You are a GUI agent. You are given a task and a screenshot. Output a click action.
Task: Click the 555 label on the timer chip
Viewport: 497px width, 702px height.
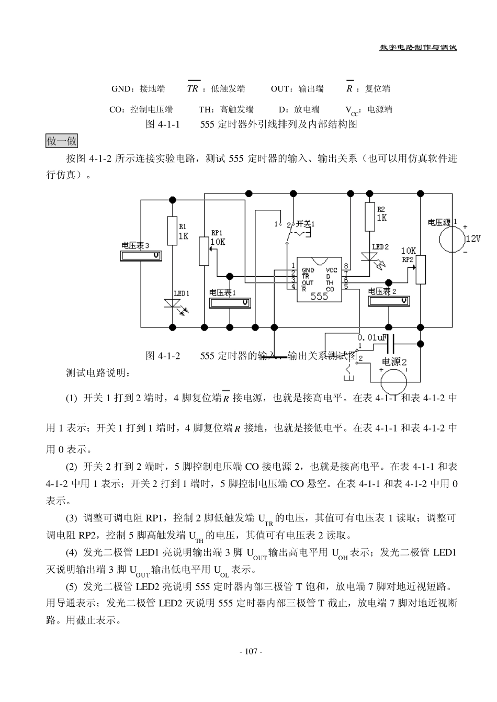pos(319,296)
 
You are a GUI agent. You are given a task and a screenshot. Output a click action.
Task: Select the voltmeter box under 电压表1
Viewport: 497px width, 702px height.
pos(230,303)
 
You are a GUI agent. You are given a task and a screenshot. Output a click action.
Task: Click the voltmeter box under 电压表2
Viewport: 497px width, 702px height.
pos(388,301)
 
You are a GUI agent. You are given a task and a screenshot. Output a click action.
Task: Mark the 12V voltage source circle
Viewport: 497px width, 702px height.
pos(452,239)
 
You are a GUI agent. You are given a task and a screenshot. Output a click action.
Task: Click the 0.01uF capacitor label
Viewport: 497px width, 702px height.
pos(372,338)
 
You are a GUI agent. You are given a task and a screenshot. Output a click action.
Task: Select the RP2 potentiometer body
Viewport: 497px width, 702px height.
pos(421,270)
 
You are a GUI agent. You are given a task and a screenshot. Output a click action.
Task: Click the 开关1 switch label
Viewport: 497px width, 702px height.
pos(306,224)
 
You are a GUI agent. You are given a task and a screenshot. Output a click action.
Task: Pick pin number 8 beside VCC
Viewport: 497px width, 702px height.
pos(346,266)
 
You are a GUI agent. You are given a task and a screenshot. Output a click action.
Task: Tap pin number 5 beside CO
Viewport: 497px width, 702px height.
pos(346,286)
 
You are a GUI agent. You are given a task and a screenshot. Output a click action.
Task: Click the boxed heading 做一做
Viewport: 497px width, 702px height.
pos(62,141)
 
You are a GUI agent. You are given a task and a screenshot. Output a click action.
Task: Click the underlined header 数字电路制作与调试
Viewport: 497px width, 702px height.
pos(418,48)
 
